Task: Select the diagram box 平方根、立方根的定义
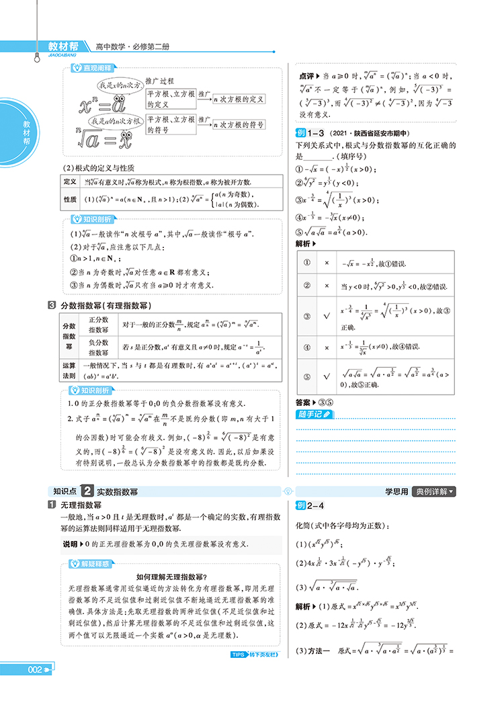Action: click(171, 99)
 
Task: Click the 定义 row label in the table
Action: click(70, 182)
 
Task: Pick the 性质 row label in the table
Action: click(70, 200)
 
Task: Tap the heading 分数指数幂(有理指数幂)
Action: click(107, 306)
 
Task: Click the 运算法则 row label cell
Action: click(70, 370)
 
